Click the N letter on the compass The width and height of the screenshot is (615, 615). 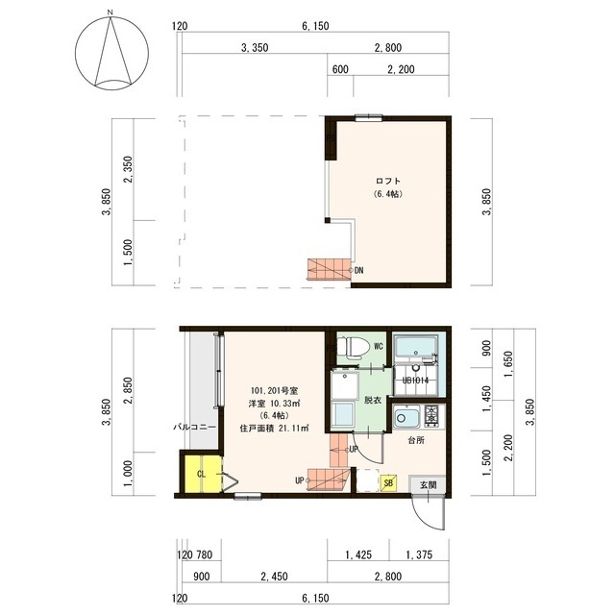click(x=111, y=12)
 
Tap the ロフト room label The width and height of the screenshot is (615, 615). click(x=388, y=182)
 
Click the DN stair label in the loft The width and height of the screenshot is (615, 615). click(x=358, y=270)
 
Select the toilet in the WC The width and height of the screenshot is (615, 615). click(x=354, y=347)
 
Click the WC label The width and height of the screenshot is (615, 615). click(x=378, y=346)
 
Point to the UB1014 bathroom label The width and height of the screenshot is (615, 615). click(x=415, y=381)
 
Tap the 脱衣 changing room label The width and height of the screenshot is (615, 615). click(x=373, y=400)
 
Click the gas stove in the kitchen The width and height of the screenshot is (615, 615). click(x=431, y=416)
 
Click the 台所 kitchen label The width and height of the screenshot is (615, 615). click(x=416, y=440)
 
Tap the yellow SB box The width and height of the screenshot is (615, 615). click(x=388, y=482)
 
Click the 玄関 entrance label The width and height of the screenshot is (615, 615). click(x=428, y=484)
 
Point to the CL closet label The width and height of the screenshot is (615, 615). click(x=201, y=474)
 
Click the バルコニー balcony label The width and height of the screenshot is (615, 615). click(x=194, y=427)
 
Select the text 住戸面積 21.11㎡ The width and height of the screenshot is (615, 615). click(x=274, y=429)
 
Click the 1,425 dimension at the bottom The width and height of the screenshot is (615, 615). click(x=358, y=555)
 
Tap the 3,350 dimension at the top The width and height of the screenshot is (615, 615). click(x=255, y=48)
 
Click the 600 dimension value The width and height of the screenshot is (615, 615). click(x=340, y=69)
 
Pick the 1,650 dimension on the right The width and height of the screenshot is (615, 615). click(x=508, y=364)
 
